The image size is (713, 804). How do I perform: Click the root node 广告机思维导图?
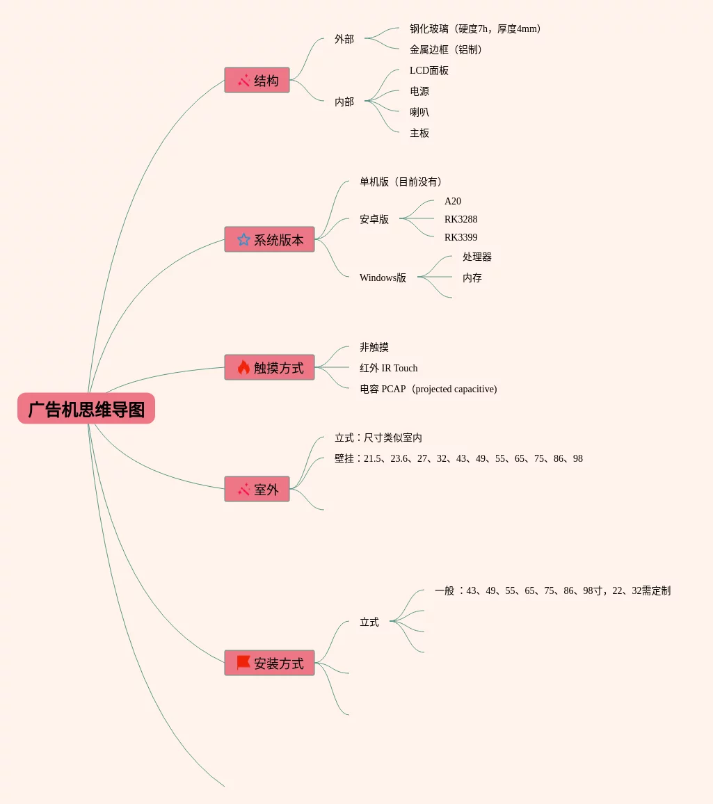pyautogui.click(x=86, y=409)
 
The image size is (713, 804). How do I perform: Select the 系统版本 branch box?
pyautogui.click(x=269, y=240)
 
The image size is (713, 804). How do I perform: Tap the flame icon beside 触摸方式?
pyautogui.click(x=243, y=368)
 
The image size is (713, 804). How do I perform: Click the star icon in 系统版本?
pyautogui.click(x=243, y=240)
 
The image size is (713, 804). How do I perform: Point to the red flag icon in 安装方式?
pyautogui.click(x=243, y=663)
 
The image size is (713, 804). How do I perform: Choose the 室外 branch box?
pyautogui.click(x=257, y=489)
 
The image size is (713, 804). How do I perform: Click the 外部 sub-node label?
pyautogui.click(x=344, y=39)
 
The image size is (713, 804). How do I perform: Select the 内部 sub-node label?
pyautogui.click(x=344, y=102)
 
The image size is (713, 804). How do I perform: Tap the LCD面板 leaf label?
pyautogui.click(x=429, y=70)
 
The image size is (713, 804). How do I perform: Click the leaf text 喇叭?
pyautogui.click(x=419, y=112)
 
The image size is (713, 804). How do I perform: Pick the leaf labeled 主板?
pyautogui.click(x=419, y=133)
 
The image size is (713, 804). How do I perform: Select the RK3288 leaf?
pyautogui.click(x=460, y=219)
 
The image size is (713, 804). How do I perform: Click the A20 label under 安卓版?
pyautogui.click(x=453, y=201)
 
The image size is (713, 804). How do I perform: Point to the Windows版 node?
pyautogui.click(x=383, y=278)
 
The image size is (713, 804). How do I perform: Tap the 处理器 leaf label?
pyautogui.click(x=477, y=257)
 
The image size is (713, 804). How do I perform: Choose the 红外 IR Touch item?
pyautogui.click(x=389, y=368)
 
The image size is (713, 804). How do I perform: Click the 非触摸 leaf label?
pyautogui.click(x=374, y=347)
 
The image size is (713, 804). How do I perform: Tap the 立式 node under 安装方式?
pyautogui.click(x=369, y=622)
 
